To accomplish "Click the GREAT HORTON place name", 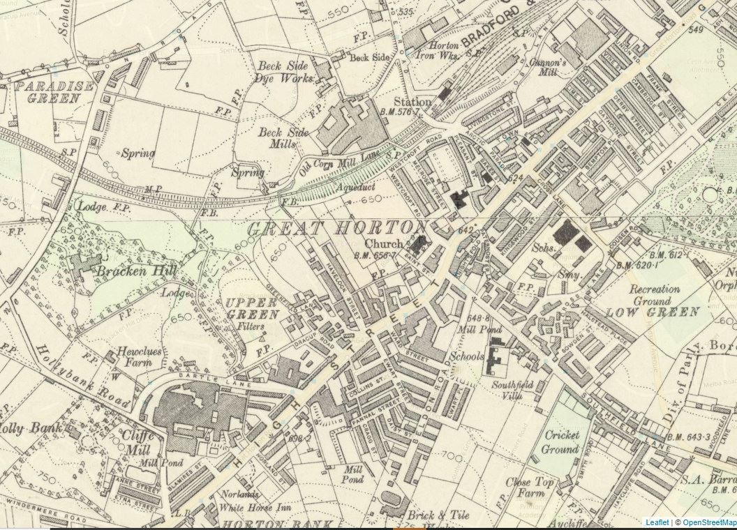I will pos(336,228).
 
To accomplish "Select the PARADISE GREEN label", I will pos(54,92).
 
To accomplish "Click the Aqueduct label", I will pos(355,188).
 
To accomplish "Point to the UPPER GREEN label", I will pos(251,308).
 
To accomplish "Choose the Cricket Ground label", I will pos(560,442).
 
